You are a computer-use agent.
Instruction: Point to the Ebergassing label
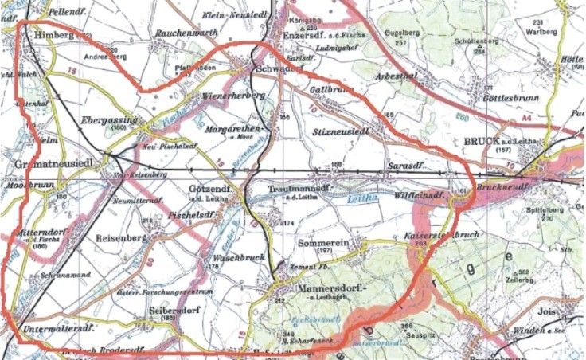[x=110, y=119]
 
